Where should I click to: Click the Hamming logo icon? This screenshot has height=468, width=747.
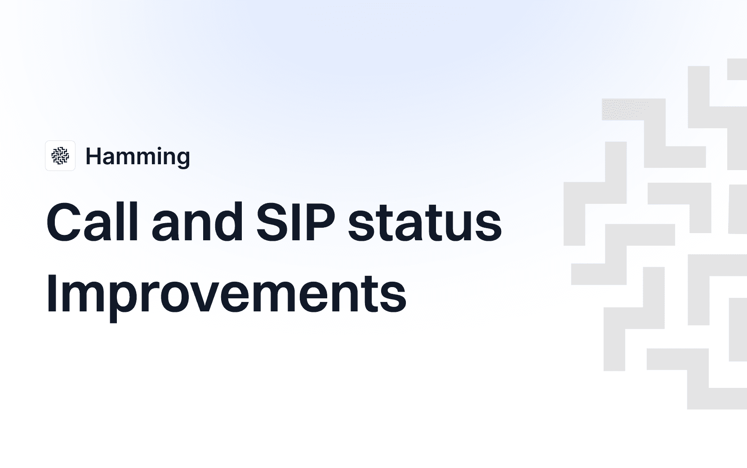pos(60,156)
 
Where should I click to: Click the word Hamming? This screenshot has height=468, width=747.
pos(138,157)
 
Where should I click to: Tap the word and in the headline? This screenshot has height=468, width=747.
pos(197,222)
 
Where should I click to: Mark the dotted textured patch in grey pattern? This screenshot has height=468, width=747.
pos(625,109)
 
